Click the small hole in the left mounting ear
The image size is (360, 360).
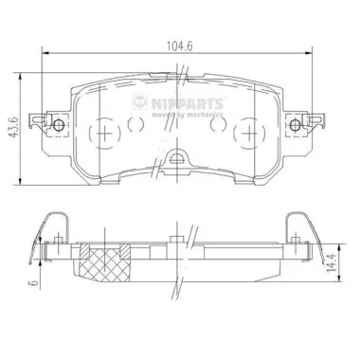point(58,127)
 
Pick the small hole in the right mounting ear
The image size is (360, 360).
point(302,127)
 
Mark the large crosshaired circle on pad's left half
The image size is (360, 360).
point(101,133)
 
